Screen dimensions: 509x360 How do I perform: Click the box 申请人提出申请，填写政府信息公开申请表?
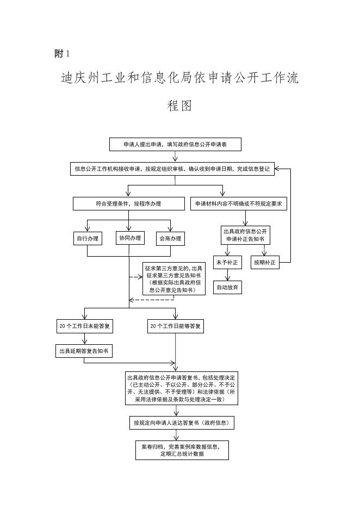pyautogui.click(x=175, y=145)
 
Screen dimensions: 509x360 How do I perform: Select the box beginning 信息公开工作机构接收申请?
pyautogui.click(x=172, y=169)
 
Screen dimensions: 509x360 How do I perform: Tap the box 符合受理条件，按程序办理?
pyautogui.click(x=128, y=204)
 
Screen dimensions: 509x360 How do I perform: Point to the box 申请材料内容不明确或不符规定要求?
pyautogui.click(x=239, y=204)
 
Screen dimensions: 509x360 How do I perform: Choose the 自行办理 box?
pyautogui.click(x=88, y=238)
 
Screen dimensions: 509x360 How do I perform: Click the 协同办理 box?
pyautogui.click(x=129, y=238)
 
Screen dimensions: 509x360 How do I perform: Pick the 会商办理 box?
pyautogui.click(x=170, y=238)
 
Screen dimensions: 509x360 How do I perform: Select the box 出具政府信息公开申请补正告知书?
pyautogui.click(x=244, y=235)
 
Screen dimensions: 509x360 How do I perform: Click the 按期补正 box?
pyautogui.click(x=265, y=262)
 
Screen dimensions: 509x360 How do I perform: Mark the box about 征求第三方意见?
pyautogui.click(x=174, y=279)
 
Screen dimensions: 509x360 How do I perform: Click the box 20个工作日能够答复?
pyautogui.click(x=176, y=326)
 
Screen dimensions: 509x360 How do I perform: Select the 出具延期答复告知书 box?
pyautogui.click(x=84, y=351)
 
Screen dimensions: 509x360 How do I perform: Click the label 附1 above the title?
pyautogui.click(x=63, y=53)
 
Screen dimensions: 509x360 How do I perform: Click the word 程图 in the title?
pyautogui.click(x=180, y=105)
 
